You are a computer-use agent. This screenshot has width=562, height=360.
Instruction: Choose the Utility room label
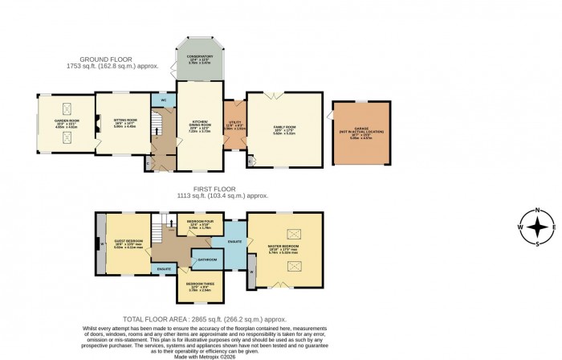[234, 125]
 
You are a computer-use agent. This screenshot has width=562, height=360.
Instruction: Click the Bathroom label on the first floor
[209, 260]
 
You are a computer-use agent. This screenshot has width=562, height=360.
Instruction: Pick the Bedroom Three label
[198, 285]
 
